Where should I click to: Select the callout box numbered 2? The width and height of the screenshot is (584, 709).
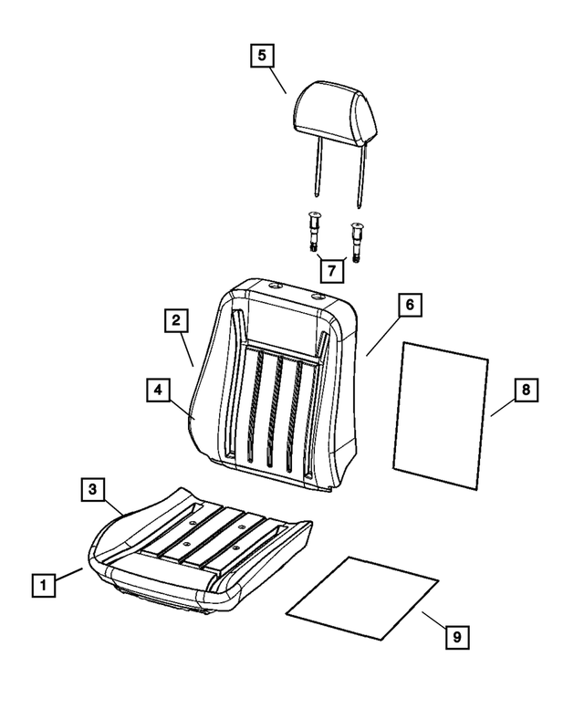click(x=176, y=320)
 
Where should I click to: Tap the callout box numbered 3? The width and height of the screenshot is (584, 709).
click(x=92, y=490)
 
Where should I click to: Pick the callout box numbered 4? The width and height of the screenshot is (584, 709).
click(x=158, y=390)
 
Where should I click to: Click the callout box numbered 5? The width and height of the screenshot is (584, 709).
click(x=261, y=56)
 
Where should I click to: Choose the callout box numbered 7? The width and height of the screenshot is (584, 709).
click(x=330, y=271)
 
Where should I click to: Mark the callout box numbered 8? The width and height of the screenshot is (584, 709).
click(x=526, y=390)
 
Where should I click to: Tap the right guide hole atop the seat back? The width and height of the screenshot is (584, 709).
click(x=317, y=296)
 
